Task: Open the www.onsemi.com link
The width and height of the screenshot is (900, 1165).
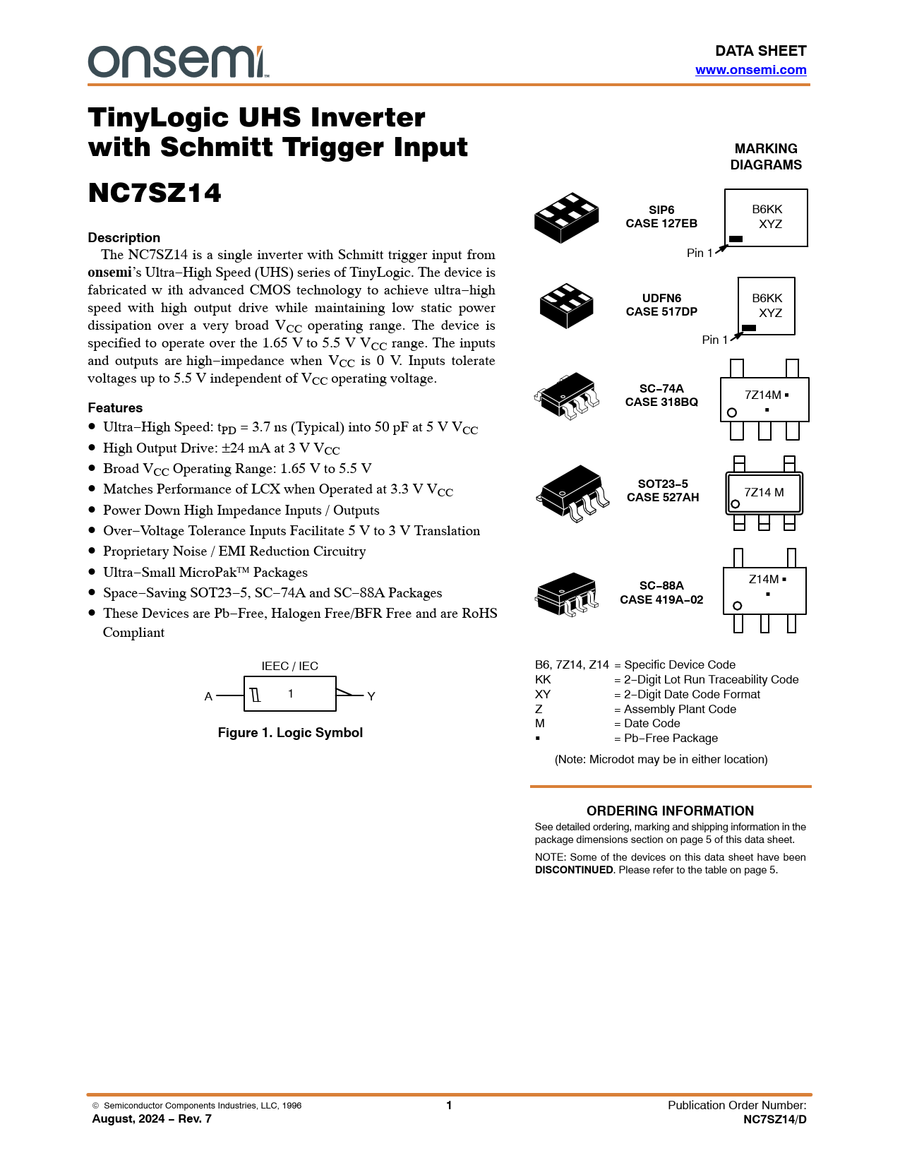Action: [x=750, y=70]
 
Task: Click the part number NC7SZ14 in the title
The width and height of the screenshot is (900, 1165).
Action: [x=155, y=193]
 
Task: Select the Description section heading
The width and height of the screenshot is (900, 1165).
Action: [x=124, y=237]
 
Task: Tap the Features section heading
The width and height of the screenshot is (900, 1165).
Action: [x=115, y=407]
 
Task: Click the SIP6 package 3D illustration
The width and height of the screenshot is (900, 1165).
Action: [x=567, y=217]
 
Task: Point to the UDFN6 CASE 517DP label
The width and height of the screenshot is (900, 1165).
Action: [x=661, y=304]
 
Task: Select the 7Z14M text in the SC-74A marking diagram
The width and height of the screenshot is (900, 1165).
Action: [x=763, y=395]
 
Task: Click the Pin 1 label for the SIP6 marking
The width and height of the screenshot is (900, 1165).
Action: [x=700, y=253]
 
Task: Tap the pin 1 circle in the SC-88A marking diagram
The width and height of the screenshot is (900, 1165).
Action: [x=737, y=606]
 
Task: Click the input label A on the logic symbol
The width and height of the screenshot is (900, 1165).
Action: [x=208, y=696]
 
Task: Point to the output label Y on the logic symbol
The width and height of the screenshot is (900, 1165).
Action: [x=371, y=696]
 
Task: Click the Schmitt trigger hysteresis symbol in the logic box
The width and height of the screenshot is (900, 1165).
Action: [x=256, y=695]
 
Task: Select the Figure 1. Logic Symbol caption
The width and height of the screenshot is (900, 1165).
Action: [x=290, y=732]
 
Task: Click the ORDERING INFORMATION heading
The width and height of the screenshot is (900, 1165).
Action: [x=670, y=811]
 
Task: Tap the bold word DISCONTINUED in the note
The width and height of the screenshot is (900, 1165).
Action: [x=574, y=870]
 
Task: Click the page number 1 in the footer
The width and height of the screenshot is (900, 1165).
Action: [x=449, y=1105]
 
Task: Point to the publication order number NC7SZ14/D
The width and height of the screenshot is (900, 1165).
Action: [x=774, y=1119]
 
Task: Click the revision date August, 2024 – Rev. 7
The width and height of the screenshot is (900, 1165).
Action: [x=152, y=1119]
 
